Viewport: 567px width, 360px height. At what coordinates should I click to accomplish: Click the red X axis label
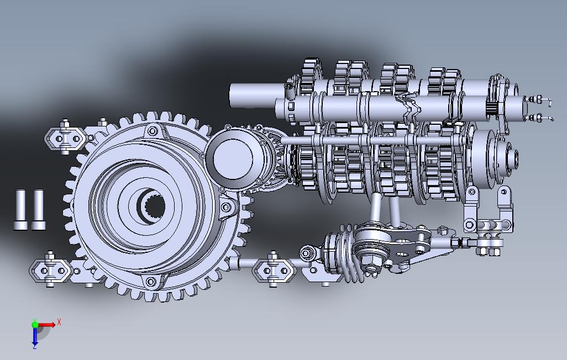click(x=59, y=322)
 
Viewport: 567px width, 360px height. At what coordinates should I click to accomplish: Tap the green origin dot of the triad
click(x=35, y=324)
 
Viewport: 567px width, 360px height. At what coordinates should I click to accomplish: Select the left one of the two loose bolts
click(x=20, y=210)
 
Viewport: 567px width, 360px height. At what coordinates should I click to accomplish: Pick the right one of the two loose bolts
click(x=38, y=210)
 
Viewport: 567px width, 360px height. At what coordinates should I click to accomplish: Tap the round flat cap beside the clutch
click(x=233, y=158)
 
